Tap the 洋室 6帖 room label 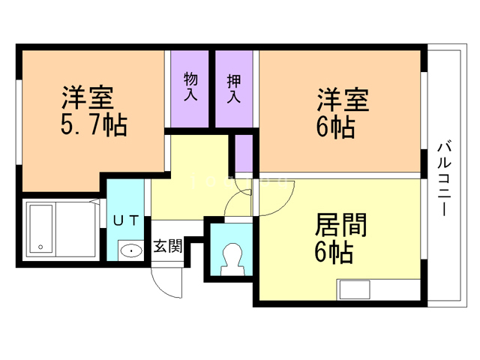342,113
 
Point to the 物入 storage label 190,87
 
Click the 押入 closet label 234,87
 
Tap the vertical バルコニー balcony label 442,178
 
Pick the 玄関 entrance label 168,247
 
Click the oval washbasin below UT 130,250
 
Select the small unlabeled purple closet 244,154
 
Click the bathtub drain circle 40,246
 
